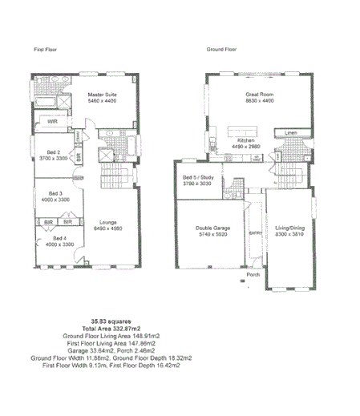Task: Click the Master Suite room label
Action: [x=103, y=95]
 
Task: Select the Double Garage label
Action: [x=212, y=228]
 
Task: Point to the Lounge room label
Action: [x=108, y=222]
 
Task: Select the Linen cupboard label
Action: [x=291, y=131]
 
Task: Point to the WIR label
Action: [x=51, y=123]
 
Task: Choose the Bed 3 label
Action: [x=55, y=193]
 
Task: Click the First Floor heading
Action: [x=46, y=49]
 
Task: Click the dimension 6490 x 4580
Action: [x=108, y=229]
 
